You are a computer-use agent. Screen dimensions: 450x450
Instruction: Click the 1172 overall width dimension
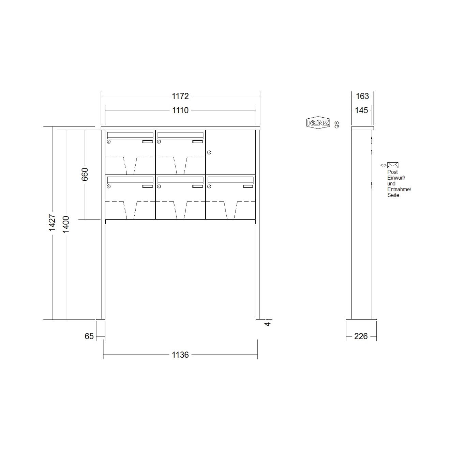tap(180, 96)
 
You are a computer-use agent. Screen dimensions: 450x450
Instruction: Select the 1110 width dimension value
tap(180, 110)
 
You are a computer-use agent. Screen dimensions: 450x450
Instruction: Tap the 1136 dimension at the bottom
tap(180, 355)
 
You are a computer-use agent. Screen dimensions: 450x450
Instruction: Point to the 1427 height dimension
tap(52, 223)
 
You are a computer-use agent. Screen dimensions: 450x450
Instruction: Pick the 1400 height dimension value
tap(66, 224)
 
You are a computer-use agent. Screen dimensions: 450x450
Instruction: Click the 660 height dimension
tap(85, 174)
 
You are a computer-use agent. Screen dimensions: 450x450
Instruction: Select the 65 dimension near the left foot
tap(89, 336)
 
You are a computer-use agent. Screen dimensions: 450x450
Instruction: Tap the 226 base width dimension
tap(361, 336)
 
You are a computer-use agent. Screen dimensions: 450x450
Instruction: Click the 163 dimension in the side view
tap(362, 96)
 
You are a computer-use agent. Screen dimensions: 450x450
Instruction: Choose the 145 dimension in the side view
tap(361, 110)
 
